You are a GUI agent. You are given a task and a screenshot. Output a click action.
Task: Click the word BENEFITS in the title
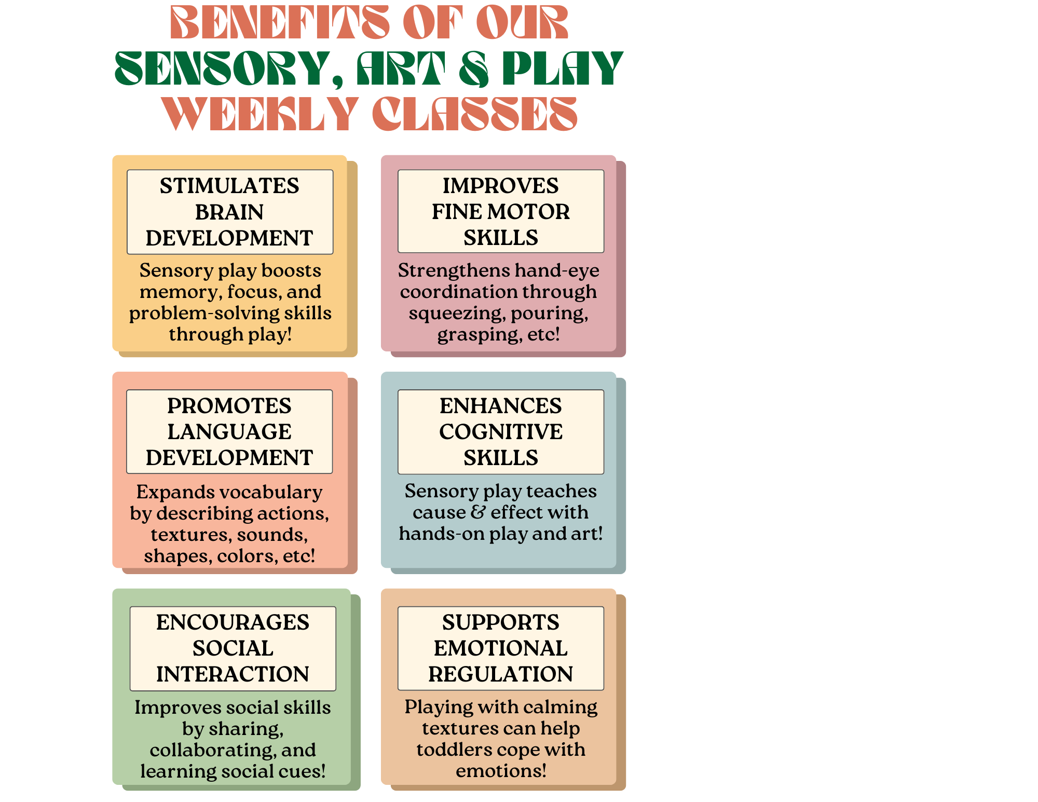click(x=280, y=23)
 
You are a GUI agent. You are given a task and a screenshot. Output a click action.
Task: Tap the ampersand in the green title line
click(x=474, y=69)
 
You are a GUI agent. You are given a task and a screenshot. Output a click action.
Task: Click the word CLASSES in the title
click(x=474, y=114)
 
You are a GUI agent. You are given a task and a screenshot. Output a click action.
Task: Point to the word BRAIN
click(x=229, y=212)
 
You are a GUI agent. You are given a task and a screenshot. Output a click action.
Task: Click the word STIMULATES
click(x=229, y=186)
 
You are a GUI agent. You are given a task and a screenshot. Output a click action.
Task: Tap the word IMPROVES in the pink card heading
click(x=500, y=186)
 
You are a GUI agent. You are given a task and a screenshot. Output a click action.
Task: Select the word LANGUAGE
click(x=229, y=432)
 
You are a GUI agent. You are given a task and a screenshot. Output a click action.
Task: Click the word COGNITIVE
click(x=500, y=432)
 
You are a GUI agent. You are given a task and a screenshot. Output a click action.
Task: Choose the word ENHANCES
click(x=500, y=406)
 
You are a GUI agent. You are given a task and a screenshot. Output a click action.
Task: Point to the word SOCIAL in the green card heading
click(x=233, y=648)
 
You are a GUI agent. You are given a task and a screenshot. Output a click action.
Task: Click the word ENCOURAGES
click(x=233, y=622)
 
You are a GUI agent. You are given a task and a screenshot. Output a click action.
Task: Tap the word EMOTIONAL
click(x=500, y=648)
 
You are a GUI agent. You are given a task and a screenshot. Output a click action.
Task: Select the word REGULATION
click(x=500, y=674)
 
